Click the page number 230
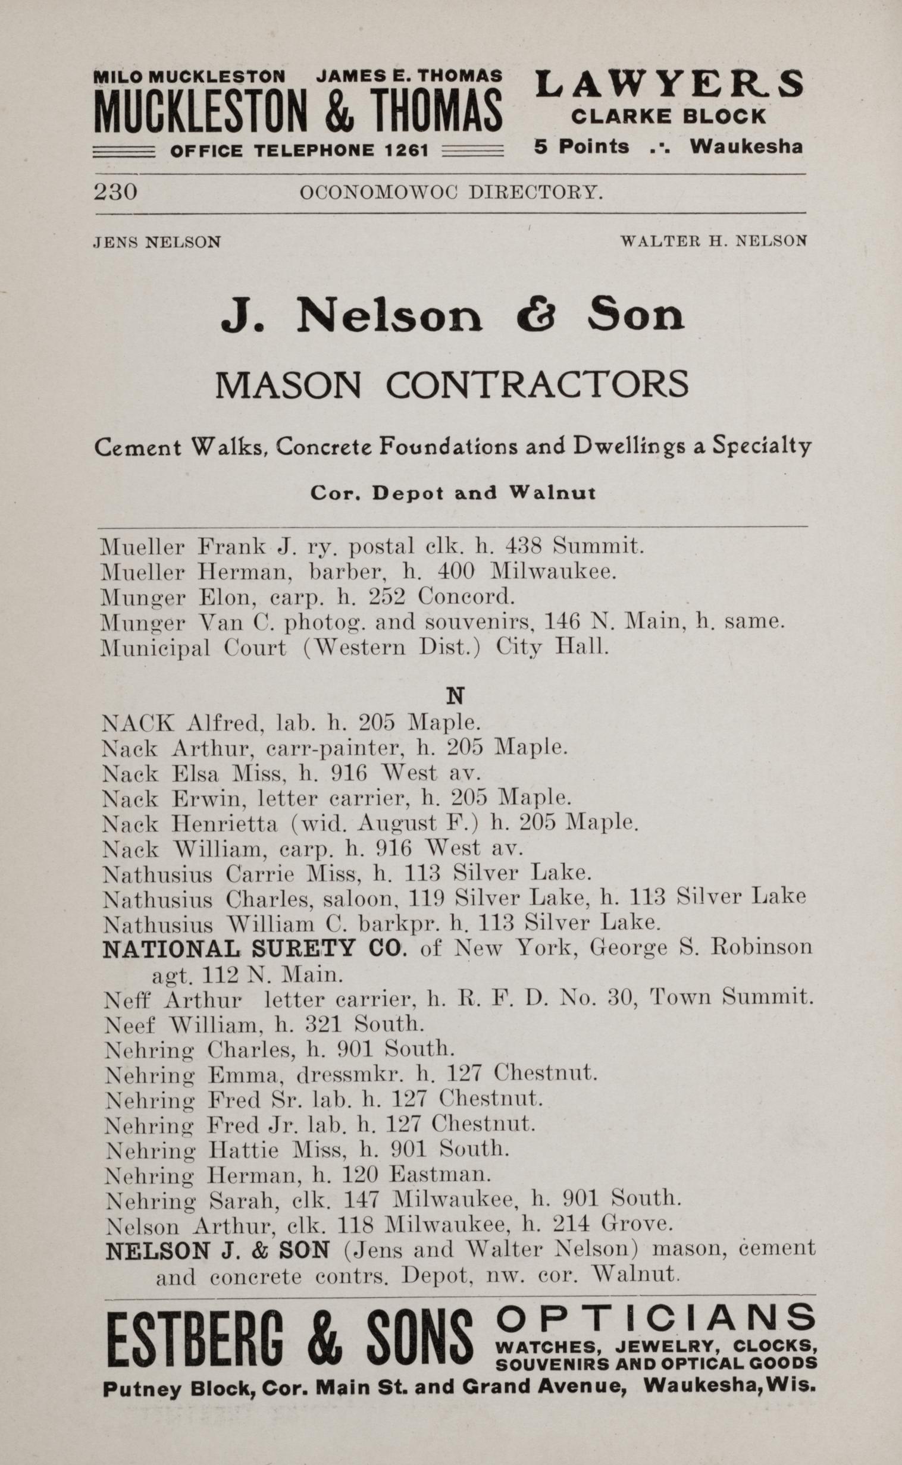click(x=115, y=192)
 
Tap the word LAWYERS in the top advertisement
click(x=669, y=84)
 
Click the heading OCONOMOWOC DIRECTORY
click(x=451, y=192)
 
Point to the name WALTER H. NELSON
click(x=713, y=241)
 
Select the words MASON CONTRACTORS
click(x=451, y=385)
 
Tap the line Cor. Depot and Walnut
click(x=452, y=493)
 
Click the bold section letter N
click(x=455, y=696)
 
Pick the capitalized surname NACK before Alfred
click(x=139, y=723)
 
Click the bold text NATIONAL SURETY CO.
click(x=254, y=948)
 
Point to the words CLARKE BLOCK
click(x=668, y=116)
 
